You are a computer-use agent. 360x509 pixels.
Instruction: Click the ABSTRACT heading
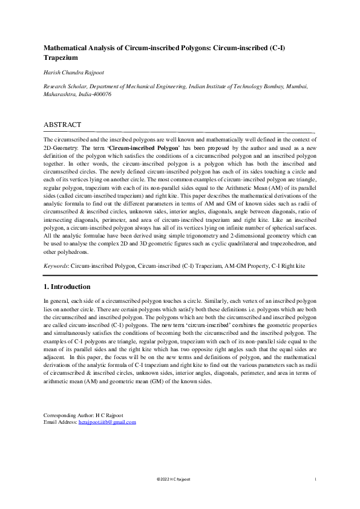(x=62, y=125)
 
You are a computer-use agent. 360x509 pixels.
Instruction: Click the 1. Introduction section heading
(x=67, y=287)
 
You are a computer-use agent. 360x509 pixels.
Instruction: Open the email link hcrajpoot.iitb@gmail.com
(x=107, y=422)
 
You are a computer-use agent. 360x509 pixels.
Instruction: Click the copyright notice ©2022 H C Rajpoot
(x=173, y=479)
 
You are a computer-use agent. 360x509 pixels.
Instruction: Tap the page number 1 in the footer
(x=316, y=479)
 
